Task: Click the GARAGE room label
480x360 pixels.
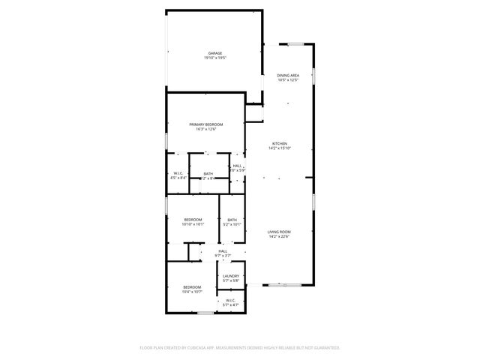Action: click(214, 52)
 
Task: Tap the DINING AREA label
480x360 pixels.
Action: click(288, 75)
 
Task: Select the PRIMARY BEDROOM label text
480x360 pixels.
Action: click(205, 124)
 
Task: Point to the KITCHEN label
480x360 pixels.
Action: click(279, 143)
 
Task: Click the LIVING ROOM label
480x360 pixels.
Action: click(279, 232)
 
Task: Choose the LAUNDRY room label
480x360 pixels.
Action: click(230, 276)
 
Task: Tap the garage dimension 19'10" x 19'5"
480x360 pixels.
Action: click(214, 58)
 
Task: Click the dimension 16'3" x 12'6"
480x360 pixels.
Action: click(205, 130)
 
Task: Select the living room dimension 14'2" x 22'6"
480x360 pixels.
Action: click(279, 237)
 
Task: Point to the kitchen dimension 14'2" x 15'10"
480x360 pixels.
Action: click(279, 148)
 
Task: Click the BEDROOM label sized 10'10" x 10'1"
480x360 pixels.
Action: click(193, 219)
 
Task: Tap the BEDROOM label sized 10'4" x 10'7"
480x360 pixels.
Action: click(193, 286)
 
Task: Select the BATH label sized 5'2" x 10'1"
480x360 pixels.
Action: click(232, 219)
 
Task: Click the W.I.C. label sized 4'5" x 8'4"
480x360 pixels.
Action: click(178, 173)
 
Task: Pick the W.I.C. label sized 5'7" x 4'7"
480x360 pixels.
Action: click(230, 300)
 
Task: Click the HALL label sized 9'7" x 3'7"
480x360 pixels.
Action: click(223, 251)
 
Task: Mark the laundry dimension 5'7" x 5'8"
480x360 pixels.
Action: click(230, 281)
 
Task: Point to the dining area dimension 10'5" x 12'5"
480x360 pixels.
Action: click(288, 80)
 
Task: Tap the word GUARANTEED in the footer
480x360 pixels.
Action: click(323, 348)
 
